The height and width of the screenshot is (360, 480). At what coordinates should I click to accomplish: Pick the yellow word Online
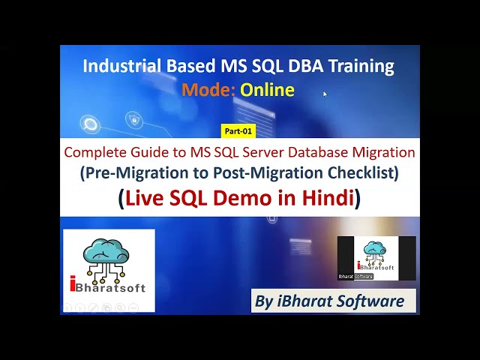point(267,90)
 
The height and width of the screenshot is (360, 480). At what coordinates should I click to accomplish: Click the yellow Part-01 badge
point(239,130)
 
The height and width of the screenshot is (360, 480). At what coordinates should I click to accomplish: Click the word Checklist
point(364,173)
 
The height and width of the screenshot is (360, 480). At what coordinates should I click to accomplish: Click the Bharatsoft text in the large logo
point(112,288)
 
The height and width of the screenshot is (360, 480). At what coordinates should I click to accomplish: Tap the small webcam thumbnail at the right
point(376,258)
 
